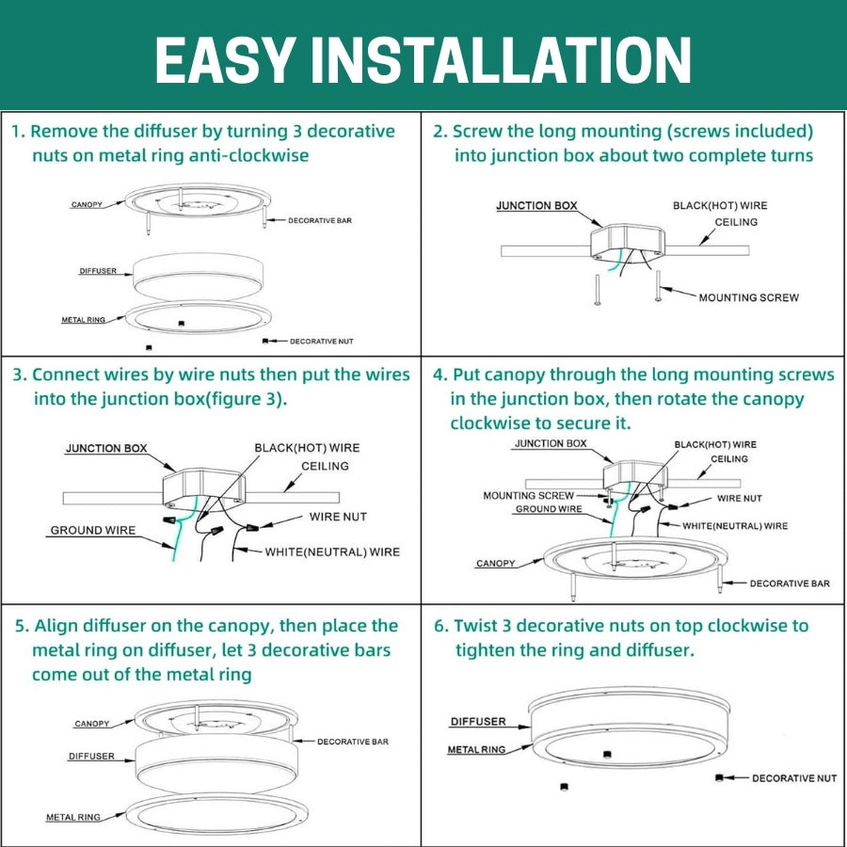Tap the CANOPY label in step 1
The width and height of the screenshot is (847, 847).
(87, 204)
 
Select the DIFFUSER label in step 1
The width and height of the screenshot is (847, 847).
(98, 271)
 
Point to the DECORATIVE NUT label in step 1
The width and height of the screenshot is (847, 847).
(322, 341)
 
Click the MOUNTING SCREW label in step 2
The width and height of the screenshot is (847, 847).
(748, 297)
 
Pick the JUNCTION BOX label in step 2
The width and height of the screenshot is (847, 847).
(536, 205)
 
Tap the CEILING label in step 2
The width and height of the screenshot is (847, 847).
(736, 222)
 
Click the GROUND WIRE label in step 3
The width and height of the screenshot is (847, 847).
(92, 531)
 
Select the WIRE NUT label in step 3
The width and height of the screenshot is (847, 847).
(338, 517)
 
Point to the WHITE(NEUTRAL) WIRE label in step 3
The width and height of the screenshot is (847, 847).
(332, 551)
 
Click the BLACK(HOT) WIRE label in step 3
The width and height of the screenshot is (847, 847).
(307, 448)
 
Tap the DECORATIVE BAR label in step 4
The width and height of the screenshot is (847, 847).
(790, 583)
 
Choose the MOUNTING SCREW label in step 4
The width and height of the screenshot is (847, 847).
(528, 495)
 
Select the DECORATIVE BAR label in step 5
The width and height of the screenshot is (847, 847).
(353, 742)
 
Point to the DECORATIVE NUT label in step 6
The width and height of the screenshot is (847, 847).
(794, 778)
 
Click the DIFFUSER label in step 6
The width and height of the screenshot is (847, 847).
(477, 722)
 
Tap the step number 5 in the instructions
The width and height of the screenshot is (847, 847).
(21, 626)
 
